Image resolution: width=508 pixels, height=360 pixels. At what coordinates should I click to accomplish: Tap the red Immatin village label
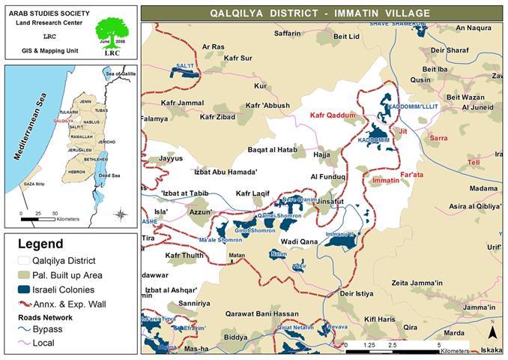pyautogui.click(x=385, y=181)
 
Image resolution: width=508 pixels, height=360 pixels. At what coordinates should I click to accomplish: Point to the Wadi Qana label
pyautogui.click(x=300, y=241)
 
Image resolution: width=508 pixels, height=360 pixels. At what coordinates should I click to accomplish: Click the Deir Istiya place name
pyautogui.click(x=356, y=293)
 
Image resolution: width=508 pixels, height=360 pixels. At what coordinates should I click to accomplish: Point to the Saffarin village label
pyautogui.click(x=287, y=34)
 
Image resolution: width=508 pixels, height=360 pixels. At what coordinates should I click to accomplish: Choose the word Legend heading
pyautogui.click(x=40, y=244)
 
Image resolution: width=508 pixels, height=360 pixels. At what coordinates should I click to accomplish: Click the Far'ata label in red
pyautogui.click(x=413, y=175)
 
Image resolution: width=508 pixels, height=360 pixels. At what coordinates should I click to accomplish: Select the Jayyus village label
pyautogui.click(x=170, y=159)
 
